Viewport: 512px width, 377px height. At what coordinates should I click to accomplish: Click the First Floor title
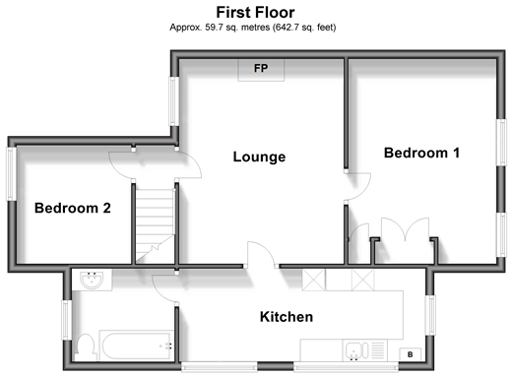pos(255,13)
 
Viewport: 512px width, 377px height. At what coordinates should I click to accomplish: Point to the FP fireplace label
pos(261,68)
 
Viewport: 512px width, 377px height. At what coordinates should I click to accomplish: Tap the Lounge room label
pos(259,157)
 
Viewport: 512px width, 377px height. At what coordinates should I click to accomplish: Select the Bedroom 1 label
pos(421,153)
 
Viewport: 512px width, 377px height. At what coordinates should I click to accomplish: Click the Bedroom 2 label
pos(73,208)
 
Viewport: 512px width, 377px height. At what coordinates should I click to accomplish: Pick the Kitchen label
pos(287,317)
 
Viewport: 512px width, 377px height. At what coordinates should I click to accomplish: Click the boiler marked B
pos(410,354)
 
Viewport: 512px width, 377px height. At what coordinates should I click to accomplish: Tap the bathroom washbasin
pos(92,280)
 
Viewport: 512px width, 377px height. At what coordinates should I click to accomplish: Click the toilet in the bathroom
pos(86,347)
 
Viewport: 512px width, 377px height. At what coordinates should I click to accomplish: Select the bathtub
pos(137,346)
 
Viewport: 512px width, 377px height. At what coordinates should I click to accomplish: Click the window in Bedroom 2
pos(12,173)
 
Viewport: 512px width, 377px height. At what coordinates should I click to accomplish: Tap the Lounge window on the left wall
pos(174,101)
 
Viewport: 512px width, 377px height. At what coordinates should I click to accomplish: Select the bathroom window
pos(67,320)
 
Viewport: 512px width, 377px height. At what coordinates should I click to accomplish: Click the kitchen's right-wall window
pos(430,315)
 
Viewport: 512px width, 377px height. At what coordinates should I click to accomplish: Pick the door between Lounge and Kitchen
pos(261,255)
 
